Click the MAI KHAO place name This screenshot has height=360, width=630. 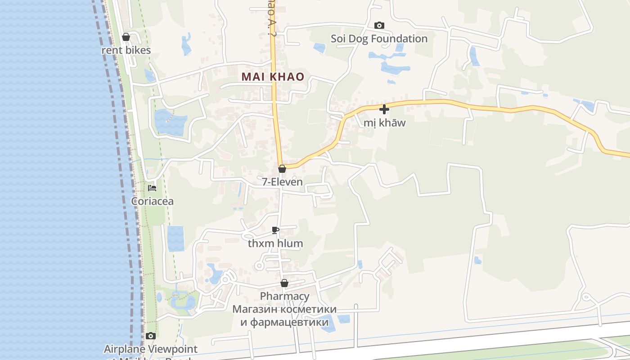(273, 77)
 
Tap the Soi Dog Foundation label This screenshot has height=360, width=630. (379, 39)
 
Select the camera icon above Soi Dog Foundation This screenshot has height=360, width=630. (379, 25)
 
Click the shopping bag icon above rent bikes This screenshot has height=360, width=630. (126, 37)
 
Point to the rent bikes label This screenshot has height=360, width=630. (126, 50)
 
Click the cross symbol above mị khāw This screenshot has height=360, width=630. (384, 109)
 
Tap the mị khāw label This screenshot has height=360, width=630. (384, 123)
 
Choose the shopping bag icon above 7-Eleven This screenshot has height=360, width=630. (282, 169)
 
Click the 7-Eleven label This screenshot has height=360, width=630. (282, 182)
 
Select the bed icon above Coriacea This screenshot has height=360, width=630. (152, 188)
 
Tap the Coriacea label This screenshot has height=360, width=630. (152, 201)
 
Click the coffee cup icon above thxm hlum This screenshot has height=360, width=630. (275, 230)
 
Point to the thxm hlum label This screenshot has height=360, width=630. (275, 243)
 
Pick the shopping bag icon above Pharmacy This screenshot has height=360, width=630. (284, 283)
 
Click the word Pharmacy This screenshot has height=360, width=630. (284, 296)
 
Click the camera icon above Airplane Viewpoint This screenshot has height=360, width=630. (151, 336)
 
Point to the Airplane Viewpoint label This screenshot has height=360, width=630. (151, 349)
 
